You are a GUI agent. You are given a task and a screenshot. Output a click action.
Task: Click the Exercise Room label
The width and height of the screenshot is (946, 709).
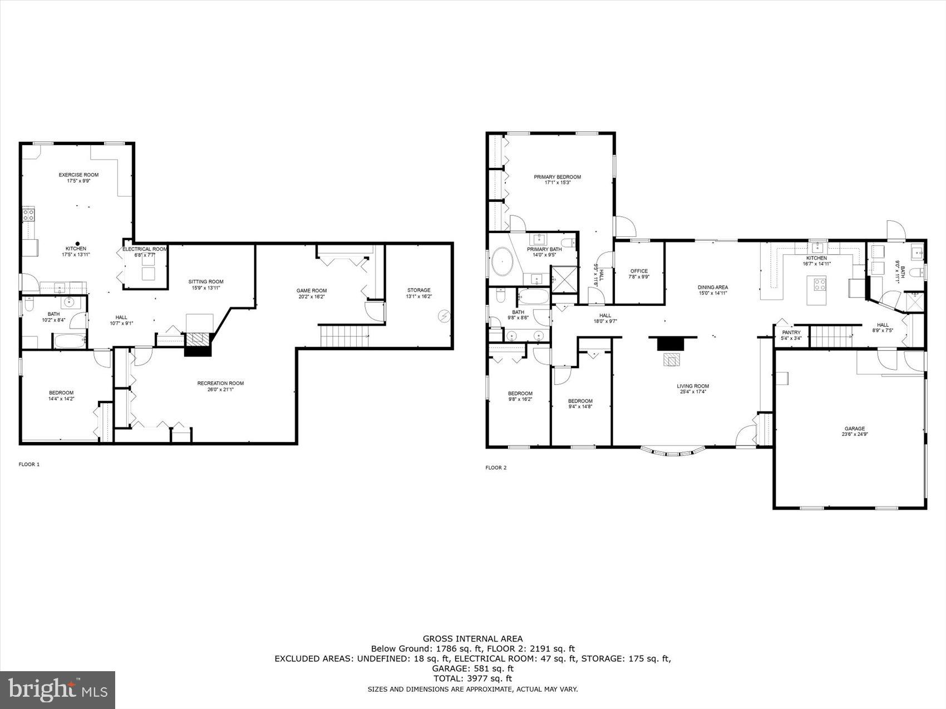(78, 178)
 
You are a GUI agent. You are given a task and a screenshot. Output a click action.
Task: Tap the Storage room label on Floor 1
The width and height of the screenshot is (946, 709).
(418, 293)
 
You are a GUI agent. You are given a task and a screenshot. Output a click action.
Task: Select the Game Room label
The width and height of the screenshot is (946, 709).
(311, 294)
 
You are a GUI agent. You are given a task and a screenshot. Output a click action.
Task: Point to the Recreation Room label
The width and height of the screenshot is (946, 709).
(220, 386)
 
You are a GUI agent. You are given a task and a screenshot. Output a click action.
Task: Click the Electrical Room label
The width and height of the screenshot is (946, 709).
(145, 252)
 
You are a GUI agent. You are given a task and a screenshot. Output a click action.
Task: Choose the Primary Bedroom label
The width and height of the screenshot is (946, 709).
(557, 180)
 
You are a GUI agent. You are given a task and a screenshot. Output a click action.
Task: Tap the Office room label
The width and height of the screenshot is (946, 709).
(639, 274)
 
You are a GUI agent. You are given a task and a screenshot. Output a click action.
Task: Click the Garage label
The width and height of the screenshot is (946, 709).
(854, 432)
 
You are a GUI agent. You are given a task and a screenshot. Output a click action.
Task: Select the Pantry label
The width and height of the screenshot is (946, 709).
(791, 335)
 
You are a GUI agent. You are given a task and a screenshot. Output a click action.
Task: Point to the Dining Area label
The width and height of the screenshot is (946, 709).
(713, 290)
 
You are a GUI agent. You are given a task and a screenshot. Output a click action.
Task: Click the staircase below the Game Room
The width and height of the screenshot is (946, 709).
(344, 336)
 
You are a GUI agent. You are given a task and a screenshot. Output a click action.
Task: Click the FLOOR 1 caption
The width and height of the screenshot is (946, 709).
(29, 464)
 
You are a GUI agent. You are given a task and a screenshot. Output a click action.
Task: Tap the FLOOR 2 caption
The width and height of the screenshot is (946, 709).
(496, 468)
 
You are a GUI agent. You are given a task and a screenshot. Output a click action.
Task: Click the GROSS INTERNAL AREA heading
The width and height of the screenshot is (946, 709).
(472, 639)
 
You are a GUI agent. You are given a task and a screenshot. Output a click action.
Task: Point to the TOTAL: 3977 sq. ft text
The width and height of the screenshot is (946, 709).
(472, 678)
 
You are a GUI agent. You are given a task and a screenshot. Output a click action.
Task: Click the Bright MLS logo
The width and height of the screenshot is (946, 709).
(58, 690)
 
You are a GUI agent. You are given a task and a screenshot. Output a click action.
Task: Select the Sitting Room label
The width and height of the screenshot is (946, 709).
(206, 284)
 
